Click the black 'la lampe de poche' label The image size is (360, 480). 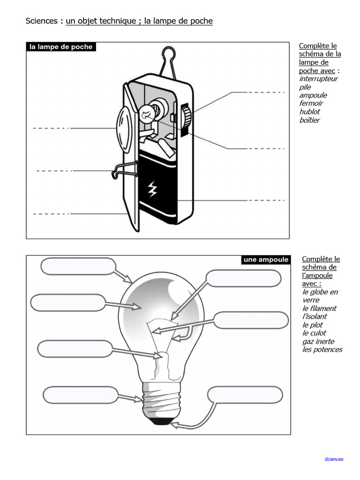tap(61, 47)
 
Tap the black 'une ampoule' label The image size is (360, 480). tap(266, 260)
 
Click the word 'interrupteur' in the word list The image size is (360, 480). tap(318, 79)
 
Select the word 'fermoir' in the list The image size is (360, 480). tap(311, 103)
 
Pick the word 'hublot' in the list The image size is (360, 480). tap(309, 112)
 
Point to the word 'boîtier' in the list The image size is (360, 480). tap(309, 120)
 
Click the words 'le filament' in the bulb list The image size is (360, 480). tap(319, 308)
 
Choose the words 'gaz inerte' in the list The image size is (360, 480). tap(318, 341)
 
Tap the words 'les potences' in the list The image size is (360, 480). tap(322, 350)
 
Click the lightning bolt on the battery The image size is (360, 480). tap(152, 189)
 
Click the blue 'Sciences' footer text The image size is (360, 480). tap(334, 459)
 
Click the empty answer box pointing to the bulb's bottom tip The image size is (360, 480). tap(245, 395)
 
